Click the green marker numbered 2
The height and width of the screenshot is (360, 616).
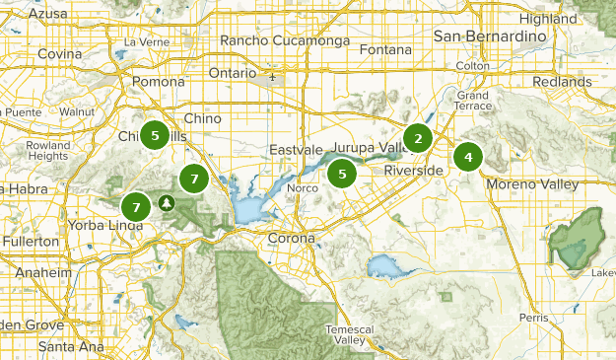(418, 138)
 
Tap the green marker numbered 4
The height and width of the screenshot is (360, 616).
(467, 156)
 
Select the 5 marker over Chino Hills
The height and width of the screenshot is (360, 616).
(155, 135)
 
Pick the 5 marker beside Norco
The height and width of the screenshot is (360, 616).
(342, 174)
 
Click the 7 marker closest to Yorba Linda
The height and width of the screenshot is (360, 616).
(136, 207)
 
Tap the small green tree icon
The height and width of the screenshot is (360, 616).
(167, 203)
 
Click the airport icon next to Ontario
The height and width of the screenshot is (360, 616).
(272, 74)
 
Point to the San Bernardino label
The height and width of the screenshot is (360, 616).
(490, 36)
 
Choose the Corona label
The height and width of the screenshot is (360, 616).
(291, 238)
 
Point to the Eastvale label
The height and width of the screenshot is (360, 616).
(296, 150)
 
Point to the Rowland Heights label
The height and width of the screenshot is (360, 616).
(47, 150)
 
